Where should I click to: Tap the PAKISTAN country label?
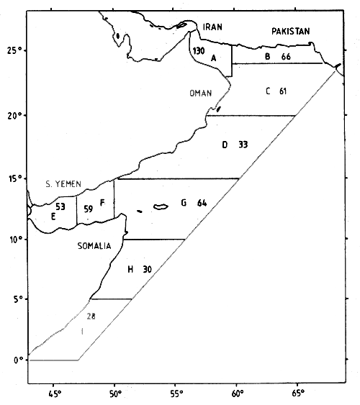click(290, 31)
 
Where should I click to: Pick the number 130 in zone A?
click(199, 51)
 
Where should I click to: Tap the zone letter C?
click(267, 91)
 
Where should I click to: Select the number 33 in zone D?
click(243, 145)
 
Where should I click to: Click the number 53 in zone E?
click(60, 206)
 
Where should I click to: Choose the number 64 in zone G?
click(202, 203)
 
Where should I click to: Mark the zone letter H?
click(130, 269)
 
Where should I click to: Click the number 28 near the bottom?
click(91, 316)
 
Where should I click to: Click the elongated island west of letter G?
click(160, 207)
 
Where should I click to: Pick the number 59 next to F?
click(89, 209)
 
